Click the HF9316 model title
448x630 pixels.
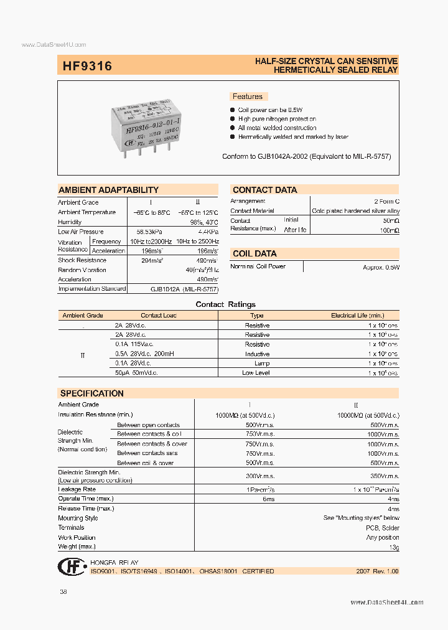tap(87, 65)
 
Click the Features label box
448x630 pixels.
tap(248, 96)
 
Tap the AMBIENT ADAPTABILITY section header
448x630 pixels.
tap(109, 190)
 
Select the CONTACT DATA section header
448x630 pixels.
tap(265, 190)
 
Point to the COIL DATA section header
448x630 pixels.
tap(254, 253)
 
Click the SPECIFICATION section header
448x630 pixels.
tap(92, 393)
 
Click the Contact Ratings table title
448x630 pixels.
tap(225, 304)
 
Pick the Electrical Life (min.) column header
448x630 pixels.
tap(357, 316)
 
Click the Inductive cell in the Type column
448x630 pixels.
tap(257, 354)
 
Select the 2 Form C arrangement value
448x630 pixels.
tap(386, 202)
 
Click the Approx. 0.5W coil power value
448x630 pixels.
tap(381, 266)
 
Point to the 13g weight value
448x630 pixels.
tap(394, 547)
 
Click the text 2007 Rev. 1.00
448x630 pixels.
tap(377, 571)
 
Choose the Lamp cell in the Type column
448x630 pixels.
tap(261, 363)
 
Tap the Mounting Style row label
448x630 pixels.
tap(78, 518)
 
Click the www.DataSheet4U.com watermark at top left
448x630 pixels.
tap(54, 45)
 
